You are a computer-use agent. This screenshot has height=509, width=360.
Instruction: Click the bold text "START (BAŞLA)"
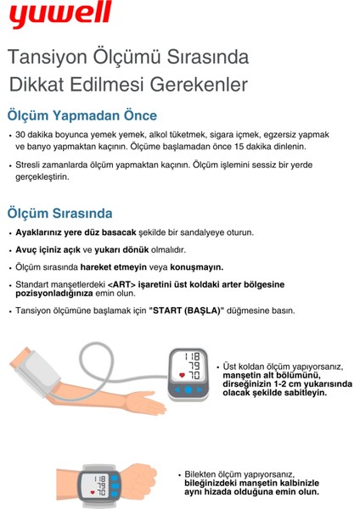pos(186,310)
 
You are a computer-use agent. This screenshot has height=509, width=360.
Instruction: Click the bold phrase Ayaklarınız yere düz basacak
pos(76,232)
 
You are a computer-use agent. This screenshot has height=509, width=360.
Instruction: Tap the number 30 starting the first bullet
pos(21,135)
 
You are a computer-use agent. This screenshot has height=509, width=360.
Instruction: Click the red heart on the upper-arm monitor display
pos(181,374)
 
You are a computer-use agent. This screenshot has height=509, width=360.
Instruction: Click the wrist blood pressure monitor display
pos(94,485)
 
